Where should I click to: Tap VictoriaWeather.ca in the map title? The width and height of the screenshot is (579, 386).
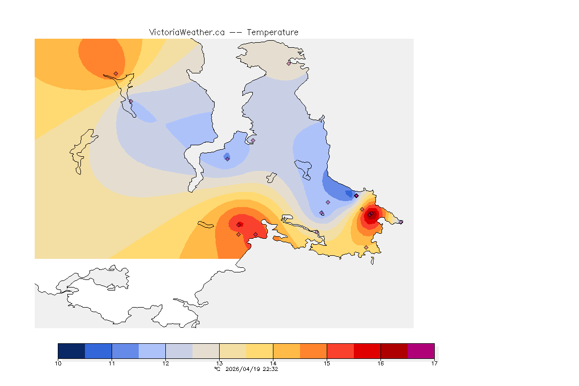(x=186, y=32)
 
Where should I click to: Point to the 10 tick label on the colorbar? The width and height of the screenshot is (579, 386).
(x=58, y=363)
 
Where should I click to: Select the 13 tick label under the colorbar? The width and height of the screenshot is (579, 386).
(x=219, y=363)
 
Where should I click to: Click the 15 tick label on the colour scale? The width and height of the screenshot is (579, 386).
(x=327, y=363)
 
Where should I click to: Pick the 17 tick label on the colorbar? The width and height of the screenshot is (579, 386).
(x=434, y=363)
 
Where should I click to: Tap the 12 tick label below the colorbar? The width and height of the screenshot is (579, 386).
(x=165, y=363)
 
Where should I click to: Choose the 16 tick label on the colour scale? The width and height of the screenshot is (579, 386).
(x=380, y=363)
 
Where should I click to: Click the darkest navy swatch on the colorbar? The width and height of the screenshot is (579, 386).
(x=71, y=350)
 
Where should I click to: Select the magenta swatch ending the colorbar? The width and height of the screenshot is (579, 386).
(x=421, y=350)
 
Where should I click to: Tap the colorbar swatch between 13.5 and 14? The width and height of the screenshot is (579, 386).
(x=259, y=350)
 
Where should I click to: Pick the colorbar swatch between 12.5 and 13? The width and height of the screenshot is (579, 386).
(x=206, y=350)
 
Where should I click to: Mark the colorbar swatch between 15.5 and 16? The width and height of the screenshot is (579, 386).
(x=367, y=350)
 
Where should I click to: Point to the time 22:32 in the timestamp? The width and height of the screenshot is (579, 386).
(x=271, y=369)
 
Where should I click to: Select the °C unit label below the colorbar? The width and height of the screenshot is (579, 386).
(x=217, y=369)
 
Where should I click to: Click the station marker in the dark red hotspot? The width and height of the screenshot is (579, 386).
(x=369, y=215)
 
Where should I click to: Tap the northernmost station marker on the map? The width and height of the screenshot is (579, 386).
(x=289, y=63)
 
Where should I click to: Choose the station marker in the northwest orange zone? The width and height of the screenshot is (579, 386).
(x=116, y=73)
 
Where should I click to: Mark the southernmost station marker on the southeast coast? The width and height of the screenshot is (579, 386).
(x=366, y=247)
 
